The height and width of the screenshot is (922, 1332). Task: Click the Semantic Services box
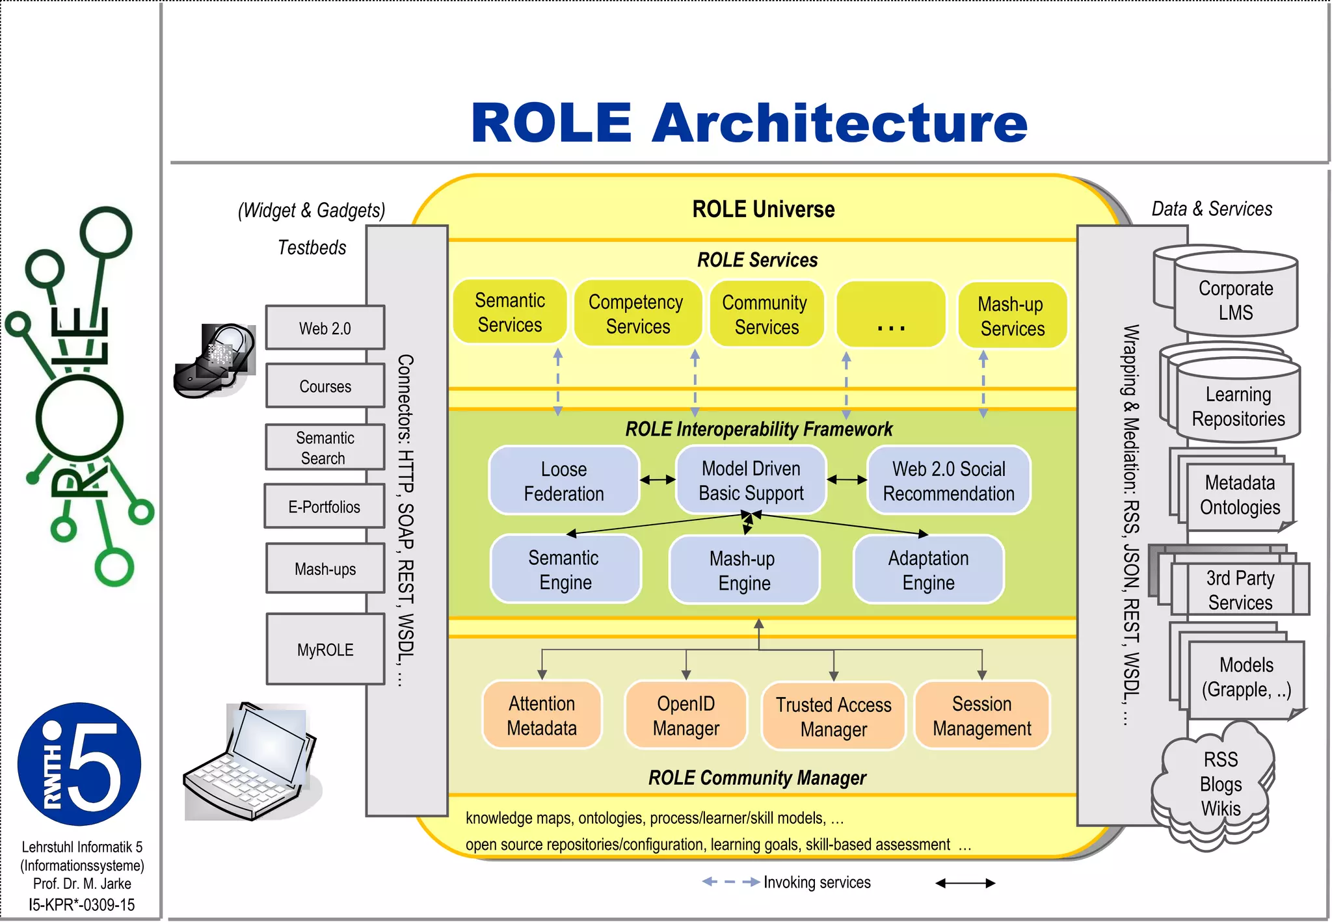click(510, 312)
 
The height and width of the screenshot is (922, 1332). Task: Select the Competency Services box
click(637, 313)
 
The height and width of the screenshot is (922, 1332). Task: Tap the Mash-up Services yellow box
click(1012, 315)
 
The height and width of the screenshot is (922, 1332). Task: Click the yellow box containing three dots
click(890, 314)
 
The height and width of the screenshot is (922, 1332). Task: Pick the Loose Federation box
click(564, 481)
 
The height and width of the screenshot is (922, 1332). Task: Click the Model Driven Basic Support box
click(751, 480)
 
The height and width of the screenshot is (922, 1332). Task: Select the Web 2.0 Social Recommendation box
click(948, 481)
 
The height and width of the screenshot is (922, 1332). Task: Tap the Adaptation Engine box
click(928, 570)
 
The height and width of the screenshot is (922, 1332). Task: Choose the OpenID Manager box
click(686, 715)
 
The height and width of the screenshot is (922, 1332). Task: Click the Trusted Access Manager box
click(833, 716)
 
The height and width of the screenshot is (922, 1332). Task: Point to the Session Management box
click(981, 715)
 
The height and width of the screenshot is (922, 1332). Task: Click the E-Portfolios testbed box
click(324, 507)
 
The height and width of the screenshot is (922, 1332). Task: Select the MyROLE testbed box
click(325, 650)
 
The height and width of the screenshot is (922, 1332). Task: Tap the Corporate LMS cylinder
click(1235, 300)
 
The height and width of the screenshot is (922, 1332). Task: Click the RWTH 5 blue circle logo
click(79, 764)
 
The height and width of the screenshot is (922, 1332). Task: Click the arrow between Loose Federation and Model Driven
click(658, 480)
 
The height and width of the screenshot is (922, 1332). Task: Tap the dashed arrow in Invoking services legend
click(730, 882)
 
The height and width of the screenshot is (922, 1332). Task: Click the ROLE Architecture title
click(749, 123)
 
